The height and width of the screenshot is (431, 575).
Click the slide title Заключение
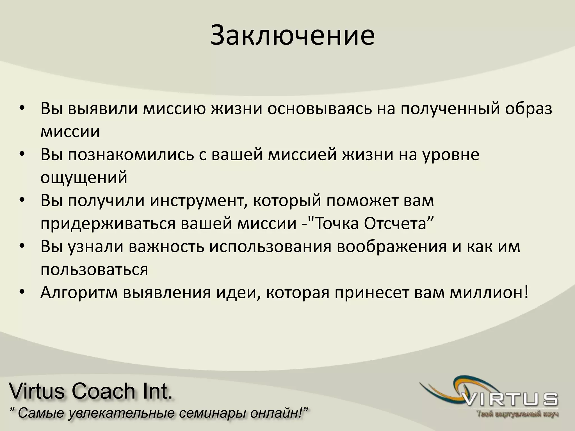click(292, 36)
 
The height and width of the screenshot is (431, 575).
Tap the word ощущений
click(84, 178)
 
